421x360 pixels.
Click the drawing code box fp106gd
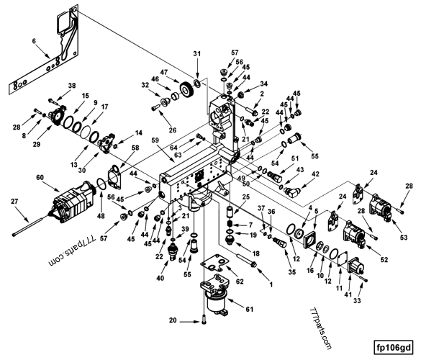coord(394,348)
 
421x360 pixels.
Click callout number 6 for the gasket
coord(34,41)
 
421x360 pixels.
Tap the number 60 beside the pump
coord(40,178)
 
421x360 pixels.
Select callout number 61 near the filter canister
coord(250,309)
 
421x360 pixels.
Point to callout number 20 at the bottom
coord(173,320)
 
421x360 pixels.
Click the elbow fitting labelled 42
coord(291,192)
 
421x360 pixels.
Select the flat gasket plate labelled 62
coord(214,263)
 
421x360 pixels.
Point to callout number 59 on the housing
coord(155,140)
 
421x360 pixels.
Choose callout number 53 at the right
coord(404,237)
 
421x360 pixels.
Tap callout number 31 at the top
coord(197,54)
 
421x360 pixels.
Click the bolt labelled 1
coord(246,260)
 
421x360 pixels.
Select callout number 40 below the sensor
coord(160,279)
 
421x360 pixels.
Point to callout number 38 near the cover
coord(72,86)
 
